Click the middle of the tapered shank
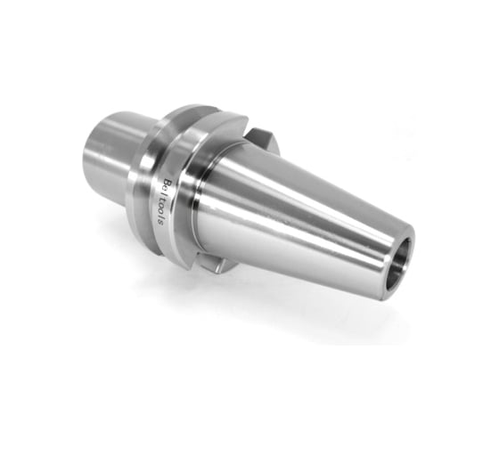[303, 214]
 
